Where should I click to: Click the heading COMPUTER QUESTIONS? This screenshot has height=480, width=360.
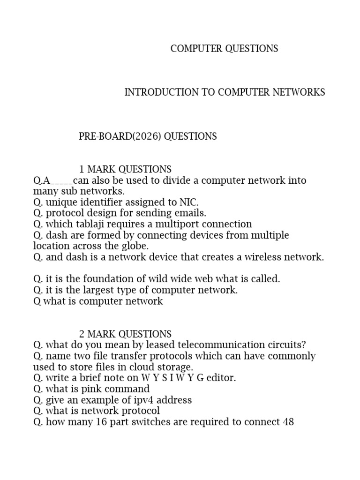224,49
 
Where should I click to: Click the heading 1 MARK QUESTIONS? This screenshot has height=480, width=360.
125,169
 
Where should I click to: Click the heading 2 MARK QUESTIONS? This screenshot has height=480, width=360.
125,334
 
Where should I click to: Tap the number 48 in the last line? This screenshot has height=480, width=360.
288,422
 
